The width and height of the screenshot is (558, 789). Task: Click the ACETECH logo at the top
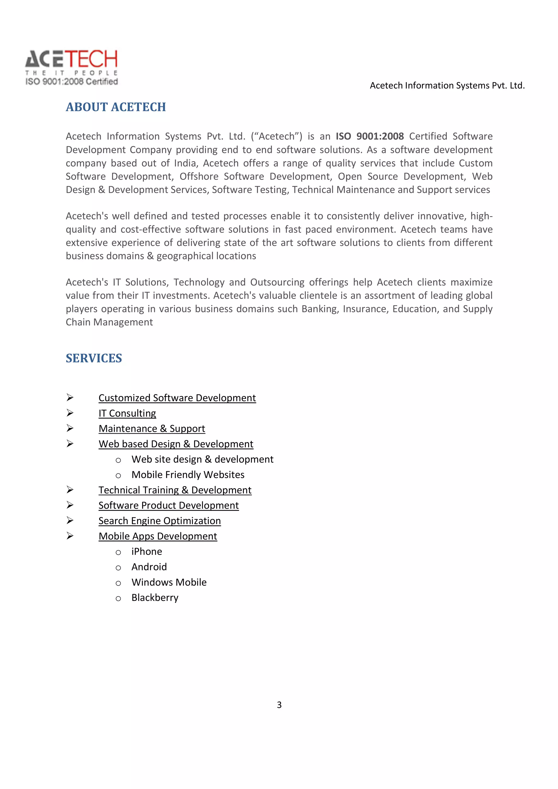(71, 59)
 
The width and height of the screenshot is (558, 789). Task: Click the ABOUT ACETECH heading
(116, 107)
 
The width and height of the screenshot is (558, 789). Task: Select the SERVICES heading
(93, 358)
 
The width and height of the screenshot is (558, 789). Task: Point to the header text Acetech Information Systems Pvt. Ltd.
(447, 85)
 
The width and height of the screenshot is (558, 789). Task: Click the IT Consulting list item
(127, 413)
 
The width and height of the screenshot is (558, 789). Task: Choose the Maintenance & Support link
(151, 429)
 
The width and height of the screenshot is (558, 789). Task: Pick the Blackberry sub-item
(155, 598)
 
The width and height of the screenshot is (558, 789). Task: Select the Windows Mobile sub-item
(169, 582)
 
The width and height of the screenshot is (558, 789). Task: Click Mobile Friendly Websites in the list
(188, 475)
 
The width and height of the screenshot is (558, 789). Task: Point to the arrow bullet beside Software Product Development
(70, 505)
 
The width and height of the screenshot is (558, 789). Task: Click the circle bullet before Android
(118, 568)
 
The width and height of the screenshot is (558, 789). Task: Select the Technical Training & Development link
(175, 490)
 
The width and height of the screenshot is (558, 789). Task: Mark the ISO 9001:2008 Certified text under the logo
(71, 81)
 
